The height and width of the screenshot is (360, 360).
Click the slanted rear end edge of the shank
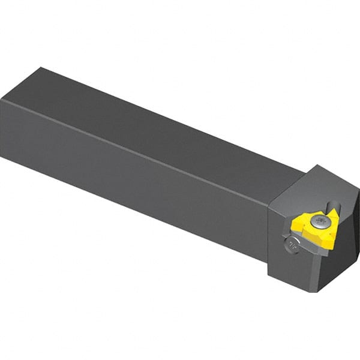(21, 84)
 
